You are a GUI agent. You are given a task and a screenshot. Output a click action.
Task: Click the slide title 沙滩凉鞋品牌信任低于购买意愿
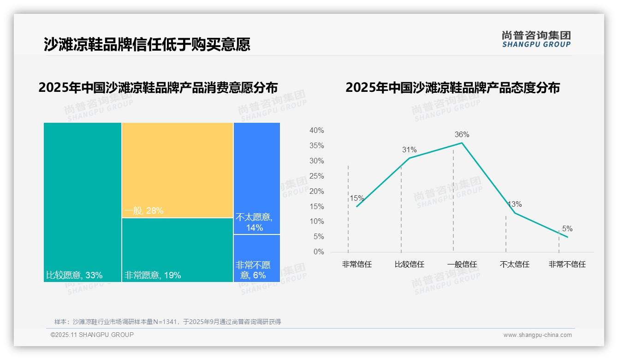pos(147,44)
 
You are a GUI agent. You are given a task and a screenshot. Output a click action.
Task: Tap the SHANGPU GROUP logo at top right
pos(536,39)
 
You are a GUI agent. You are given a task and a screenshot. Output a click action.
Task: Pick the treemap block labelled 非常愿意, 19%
pos(178,250)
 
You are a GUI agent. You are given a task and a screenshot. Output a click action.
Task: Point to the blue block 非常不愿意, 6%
pos(256,258)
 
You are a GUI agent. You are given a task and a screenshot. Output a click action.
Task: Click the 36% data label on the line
pos(462,135)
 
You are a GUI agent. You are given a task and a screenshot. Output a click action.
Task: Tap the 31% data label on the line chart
pos(409,150)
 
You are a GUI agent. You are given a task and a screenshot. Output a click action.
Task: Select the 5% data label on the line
pos(567,229)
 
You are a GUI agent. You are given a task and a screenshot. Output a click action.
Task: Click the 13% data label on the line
pos(515,204)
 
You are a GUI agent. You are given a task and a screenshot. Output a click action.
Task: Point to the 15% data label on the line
pos(357,198)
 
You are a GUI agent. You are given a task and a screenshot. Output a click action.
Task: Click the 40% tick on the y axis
pos(316,131)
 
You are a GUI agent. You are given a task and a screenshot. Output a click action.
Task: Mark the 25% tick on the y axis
pos(316,176)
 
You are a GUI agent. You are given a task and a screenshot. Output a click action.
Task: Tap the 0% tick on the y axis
pos(318,252)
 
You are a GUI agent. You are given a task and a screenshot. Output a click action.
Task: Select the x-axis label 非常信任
pos(357,264)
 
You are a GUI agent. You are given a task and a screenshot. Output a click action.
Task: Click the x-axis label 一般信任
pos(462,264)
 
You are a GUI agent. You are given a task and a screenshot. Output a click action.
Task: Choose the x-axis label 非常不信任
pos(567,264)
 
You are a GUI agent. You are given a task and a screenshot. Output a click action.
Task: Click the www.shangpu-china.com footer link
pos(537,335)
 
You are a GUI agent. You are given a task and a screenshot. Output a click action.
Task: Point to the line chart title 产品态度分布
pos(452,88)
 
